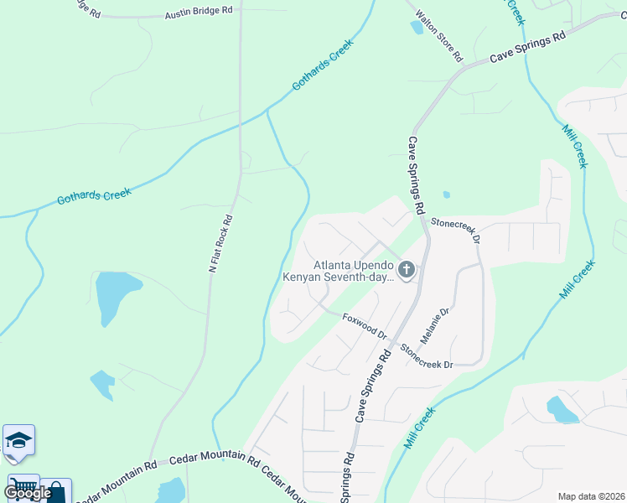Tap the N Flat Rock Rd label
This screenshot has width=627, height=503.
[220, 244]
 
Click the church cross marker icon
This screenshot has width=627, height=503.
[407, 270]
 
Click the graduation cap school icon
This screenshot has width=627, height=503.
[18, 441]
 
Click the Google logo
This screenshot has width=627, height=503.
[27, 493]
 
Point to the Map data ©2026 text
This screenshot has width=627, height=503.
[590, 495]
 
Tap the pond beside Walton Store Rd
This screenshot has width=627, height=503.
[417, 27]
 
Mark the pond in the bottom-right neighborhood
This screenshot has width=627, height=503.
[561, 409]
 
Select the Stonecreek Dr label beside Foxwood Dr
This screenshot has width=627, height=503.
[425, 356]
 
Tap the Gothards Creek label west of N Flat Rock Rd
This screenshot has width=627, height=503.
[94, 197]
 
